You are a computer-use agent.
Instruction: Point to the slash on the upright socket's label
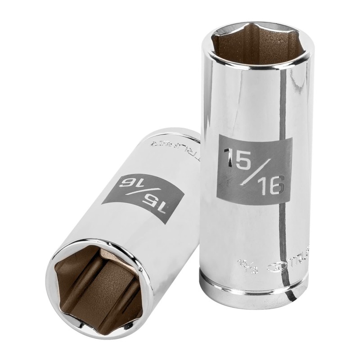tap(252, 173)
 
